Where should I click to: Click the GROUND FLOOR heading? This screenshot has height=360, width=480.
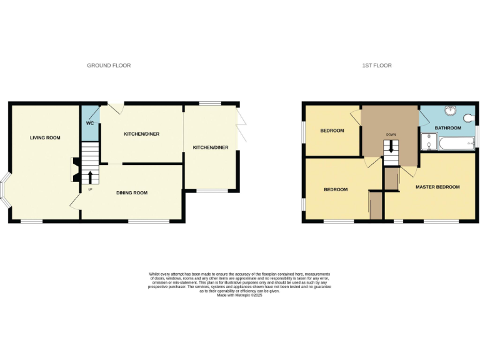[109, 66]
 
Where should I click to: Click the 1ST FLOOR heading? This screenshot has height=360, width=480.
[377, 66]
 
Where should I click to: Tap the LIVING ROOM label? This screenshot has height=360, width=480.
[45, 137]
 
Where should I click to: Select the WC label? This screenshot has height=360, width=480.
[90, 123]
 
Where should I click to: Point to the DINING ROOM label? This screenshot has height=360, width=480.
[132, 192]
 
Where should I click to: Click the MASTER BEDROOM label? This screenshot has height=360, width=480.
[437, 187]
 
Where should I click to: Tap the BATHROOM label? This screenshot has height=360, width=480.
[448, 128]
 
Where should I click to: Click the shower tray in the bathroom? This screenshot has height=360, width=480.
[428, 142]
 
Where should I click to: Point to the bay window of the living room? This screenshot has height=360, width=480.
[6, 191]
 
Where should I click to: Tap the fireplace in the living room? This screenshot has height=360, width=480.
[76, 169]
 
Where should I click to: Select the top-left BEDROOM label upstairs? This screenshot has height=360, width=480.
[332, 131]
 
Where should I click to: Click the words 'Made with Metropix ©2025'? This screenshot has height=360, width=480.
[239, 295]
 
